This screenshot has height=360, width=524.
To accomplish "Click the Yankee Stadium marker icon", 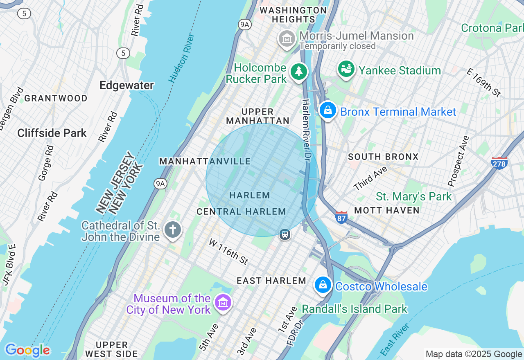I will pos(346,70).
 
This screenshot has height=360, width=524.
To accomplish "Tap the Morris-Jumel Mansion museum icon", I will pos(287,39).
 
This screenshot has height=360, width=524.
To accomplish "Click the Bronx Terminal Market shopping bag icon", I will pos(328,110).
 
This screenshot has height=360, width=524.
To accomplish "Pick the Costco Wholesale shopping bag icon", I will pos(323,285).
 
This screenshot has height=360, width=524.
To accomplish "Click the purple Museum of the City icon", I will pos(223,303).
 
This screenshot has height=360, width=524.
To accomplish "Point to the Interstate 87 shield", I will pos(341,217).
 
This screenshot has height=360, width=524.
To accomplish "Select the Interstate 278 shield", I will pos(499,163).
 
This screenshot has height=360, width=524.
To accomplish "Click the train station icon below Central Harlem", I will pos(285,234).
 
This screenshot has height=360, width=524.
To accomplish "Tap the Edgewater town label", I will pos(127,85).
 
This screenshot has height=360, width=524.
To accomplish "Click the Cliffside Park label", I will pos(52,133).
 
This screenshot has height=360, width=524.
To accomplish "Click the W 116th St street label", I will pos(228,252).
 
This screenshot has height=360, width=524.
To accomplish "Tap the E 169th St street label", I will pos(484,82).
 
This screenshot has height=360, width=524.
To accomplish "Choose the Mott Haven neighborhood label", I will pos(387,210).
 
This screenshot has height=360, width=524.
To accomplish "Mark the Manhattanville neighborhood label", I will pos(205,161).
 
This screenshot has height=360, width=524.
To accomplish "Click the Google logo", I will pos(27,351).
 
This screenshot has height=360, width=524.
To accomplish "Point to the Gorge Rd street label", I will pos(45,163).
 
